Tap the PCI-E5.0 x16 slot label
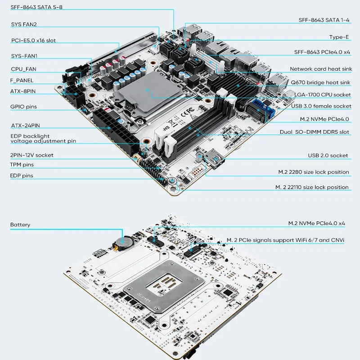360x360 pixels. point(34,40)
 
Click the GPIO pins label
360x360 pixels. point(23,107)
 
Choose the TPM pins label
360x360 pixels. point(22,165)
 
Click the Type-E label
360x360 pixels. point(339,37)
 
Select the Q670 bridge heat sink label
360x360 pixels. point(320,82)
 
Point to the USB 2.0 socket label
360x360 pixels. point(328,155)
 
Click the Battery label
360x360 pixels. point(21,225)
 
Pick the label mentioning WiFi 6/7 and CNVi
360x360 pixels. point(285,240)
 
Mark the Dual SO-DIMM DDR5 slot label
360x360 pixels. point(314,132)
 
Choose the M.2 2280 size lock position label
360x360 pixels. point(313,172)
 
